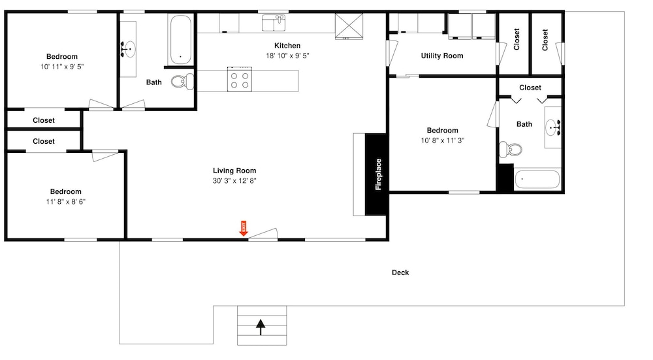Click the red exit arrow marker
tap(244, 228)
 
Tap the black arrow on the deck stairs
tap(261, 327)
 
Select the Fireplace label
tap(378, 174)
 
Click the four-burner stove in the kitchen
tap(240, 79)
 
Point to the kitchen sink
tap(274, 22)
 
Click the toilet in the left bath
tap(182, 82)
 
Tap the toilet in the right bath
tap(511, 149)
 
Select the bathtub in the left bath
tap(180, 40)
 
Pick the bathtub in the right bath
tap(537, 180)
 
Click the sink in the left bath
tap(129, 49)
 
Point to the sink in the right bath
tap(554, 127)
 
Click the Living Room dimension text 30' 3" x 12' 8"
tap(234, 181)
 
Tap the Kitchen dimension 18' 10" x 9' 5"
tap(287, 56)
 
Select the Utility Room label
tap(442, 56)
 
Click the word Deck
tap(400, 272)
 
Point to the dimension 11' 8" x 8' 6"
tap(66, 202)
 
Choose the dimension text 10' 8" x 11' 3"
tap(442, 140)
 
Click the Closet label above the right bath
tap(530, 88)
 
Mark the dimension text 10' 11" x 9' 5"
tap(62, 67)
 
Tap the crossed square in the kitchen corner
tap(349, 26)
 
